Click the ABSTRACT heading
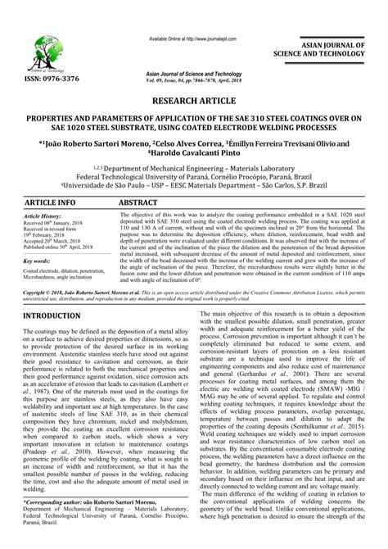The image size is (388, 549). (x=138, y=201)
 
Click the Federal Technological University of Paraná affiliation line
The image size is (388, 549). (x=194, y=175)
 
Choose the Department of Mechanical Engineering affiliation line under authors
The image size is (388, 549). (x=194, y=165)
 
